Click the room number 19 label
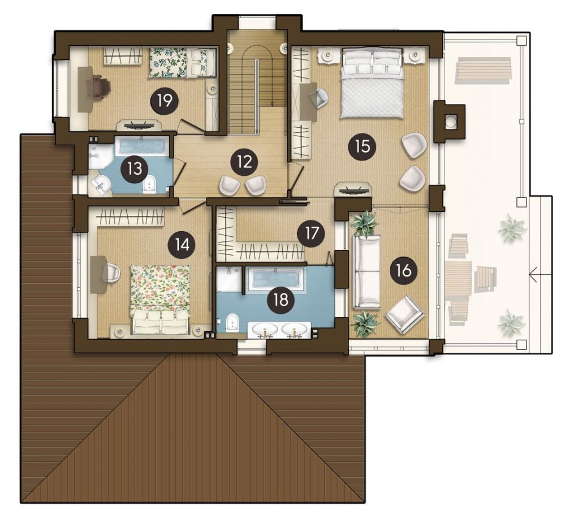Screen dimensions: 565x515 pyautogui.click(x=165, y=102)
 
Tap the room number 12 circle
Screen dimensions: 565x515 pyautogui.click(x=245, y=162)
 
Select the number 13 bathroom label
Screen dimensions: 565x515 pyautogui.click(x=134, y=169)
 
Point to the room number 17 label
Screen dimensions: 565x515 pyautogui.click(x=311, y=233)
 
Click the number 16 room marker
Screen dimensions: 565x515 pyautogui.click(x=404, y=270)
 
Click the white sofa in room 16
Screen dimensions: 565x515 pyautogui.click(x=366, y=272)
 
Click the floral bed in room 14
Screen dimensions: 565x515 pyautogui.click(x=160, y=300)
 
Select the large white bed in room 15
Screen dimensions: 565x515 pyautogui.click(x=372, y=84)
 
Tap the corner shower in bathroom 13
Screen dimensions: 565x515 pyautogui.click(x=98, y=158)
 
